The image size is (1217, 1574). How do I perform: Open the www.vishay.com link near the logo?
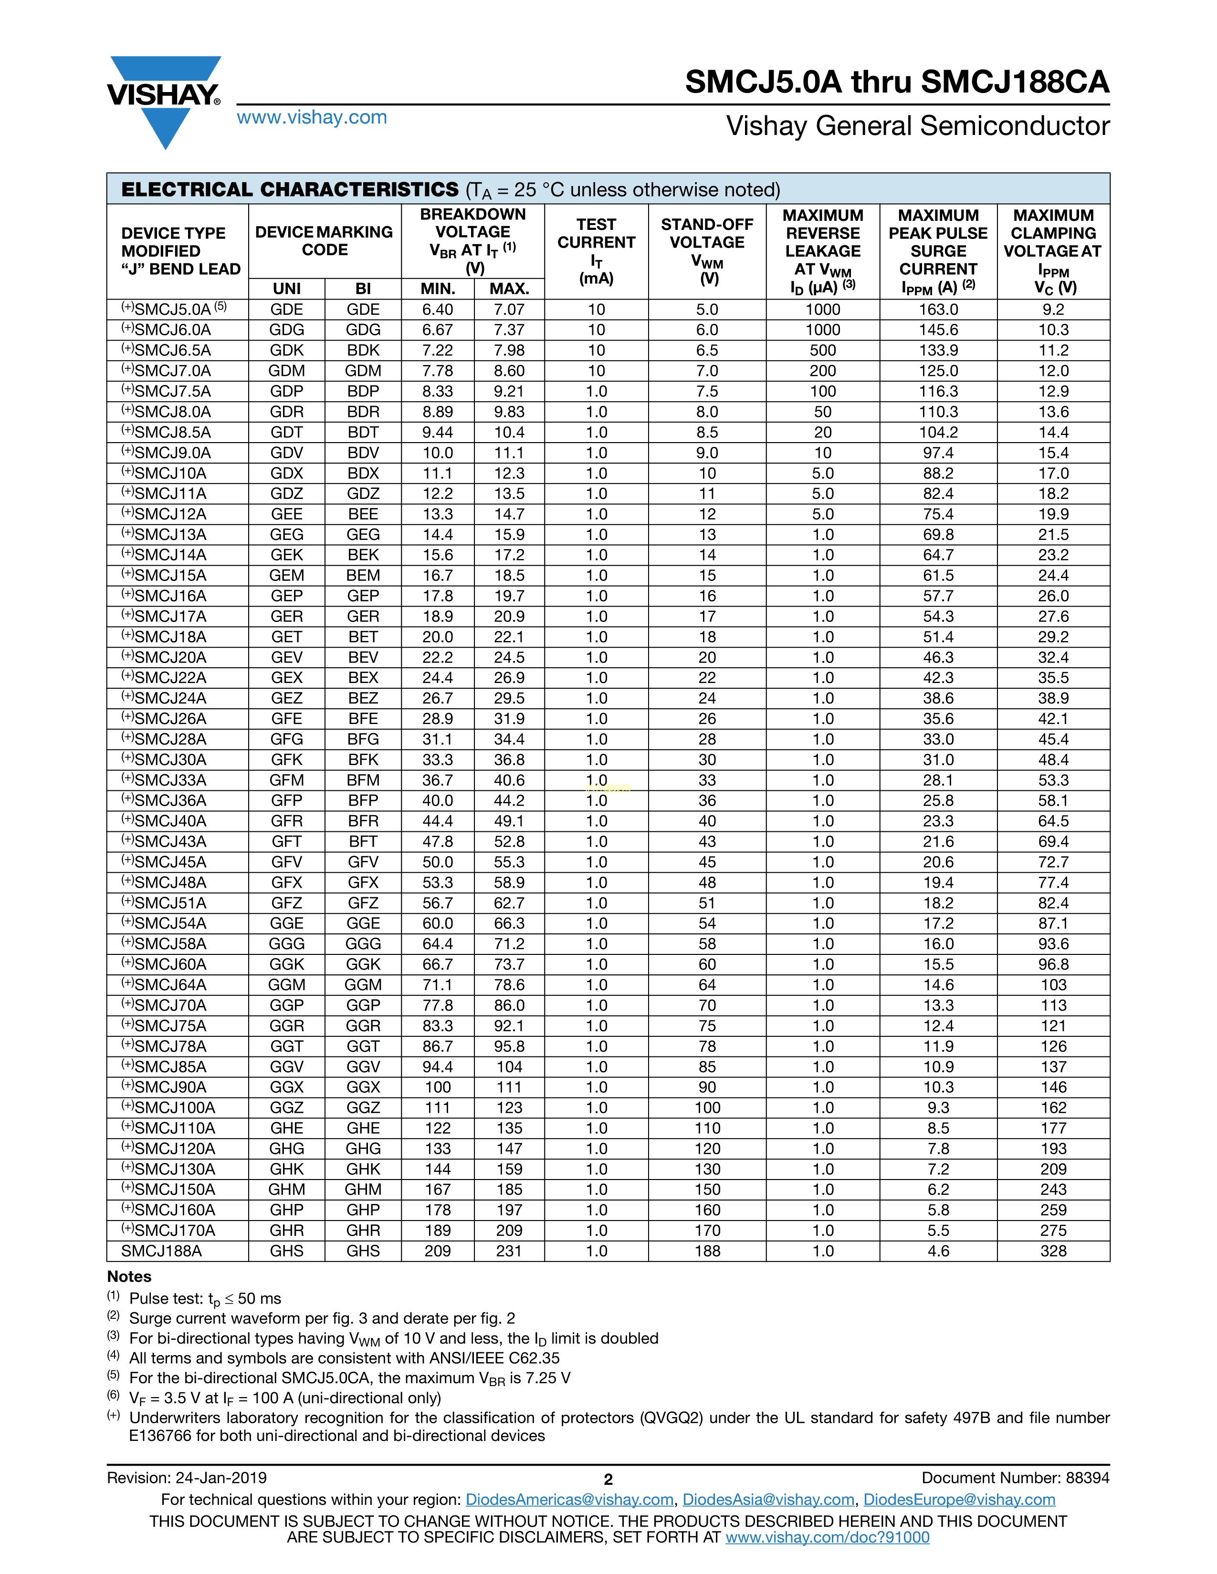[x=312, y=117]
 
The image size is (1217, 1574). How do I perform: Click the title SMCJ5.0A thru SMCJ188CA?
[x=897, y=82]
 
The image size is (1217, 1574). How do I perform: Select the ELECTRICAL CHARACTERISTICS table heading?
[x=290, y=189]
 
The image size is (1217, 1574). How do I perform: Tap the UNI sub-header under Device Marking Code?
[x=287, y=289]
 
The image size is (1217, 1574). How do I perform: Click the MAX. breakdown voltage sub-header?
[x=509, y=289]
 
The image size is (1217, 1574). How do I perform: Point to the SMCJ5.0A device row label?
[x=173, y=309]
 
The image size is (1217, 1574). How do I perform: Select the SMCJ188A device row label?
[x=161, y=1251]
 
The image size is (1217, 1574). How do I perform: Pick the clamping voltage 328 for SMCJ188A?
[x=1053, y=1251]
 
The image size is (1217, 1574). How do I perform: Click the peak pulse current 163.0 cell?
[x=938, y=309]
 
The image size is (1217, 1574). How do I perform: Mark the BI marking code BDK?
[x=363, y=350]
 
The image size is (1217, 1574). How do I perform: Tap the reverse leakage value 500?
[x=823, y=350]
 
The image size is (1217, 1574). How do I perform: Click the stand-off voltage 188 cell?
[x=707, y=1251]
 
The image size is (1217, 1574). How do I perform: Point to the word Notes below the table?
[x=130, y=1276]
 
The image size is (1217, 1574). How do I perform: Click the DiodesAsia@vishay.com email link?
[x=768, y=1500]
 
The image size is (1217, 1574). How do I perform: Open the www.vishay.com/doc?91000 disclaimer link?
[x=827, y=1537]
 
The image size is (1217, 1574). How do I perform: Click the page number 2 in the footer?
[x=608, y=1480]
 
